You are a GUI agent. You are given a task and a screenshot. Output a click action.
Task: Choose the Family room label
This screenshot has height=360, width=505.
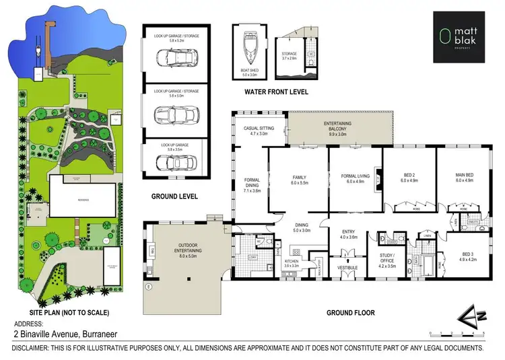(298, 179)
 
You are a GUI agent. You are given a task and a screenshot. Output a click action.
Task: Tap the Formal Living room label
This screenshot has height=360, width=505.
(355, 179)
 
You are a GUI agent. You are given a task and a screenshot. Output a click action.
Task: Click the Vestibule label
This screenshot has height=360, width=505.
(347, 267)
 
